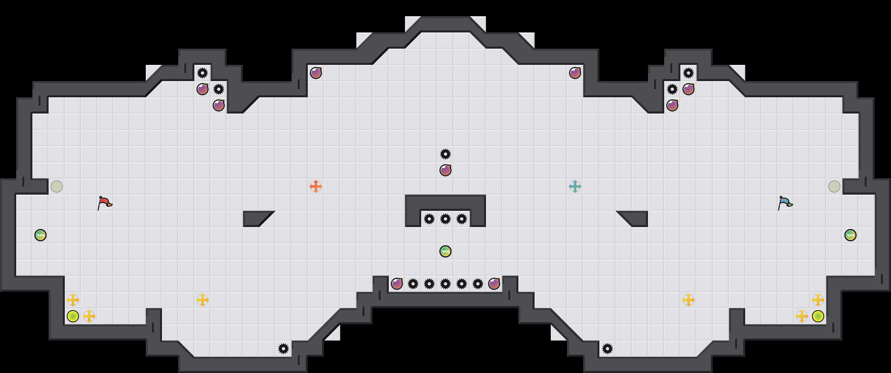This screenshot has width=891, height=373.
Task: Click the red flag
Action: click(x=104, y=202)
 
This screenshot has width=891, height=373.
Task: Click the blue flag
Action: click(x=785, y=202)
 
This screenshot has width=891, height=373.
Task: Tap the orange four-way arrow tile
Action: click(x=316, y=186)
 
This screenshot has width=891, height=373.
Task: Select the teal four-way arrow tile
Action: click(x=575, y=186)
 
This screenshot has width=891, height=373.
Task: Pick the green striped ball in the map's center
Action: click(x=446, y=251)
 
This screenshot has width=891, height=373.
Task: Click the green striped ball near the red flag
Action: click(x=40, y=235)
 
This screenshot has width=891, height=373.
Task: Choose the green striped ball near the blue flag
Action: click(x=850, y=235)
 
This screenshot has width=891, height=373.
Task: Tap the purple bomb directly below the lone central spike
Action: click(x=446, y=170)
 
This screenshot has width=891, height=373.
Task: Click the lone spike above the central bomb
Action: click(x=446, y=154)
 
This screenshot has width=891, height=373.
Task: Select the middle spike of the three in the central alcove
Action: click(x=446, y=219)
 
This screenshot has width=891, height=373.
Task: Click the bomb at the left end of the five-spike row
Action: click(x=397, y=284)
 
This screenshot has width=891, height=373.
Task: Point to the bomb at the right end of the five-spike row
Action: click(x=494, y=284)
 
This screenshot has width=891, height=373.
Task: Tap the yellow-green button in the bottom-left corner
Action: click(x=73, y=316)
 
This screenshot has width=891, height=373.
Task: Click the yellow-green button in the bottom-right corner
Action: click(x=818, y=316)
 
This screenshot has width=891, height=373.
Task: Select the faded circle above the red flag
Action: click(x=57, y=186)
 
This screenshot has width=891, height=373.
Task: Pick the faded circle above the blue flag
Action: click(x=834, y=186)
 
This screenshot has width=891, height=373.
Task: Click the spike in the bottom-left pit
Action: click(x=283, y=349)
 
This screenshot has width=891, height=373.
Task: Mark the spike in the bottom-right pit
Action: click(x=607, y=349)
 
